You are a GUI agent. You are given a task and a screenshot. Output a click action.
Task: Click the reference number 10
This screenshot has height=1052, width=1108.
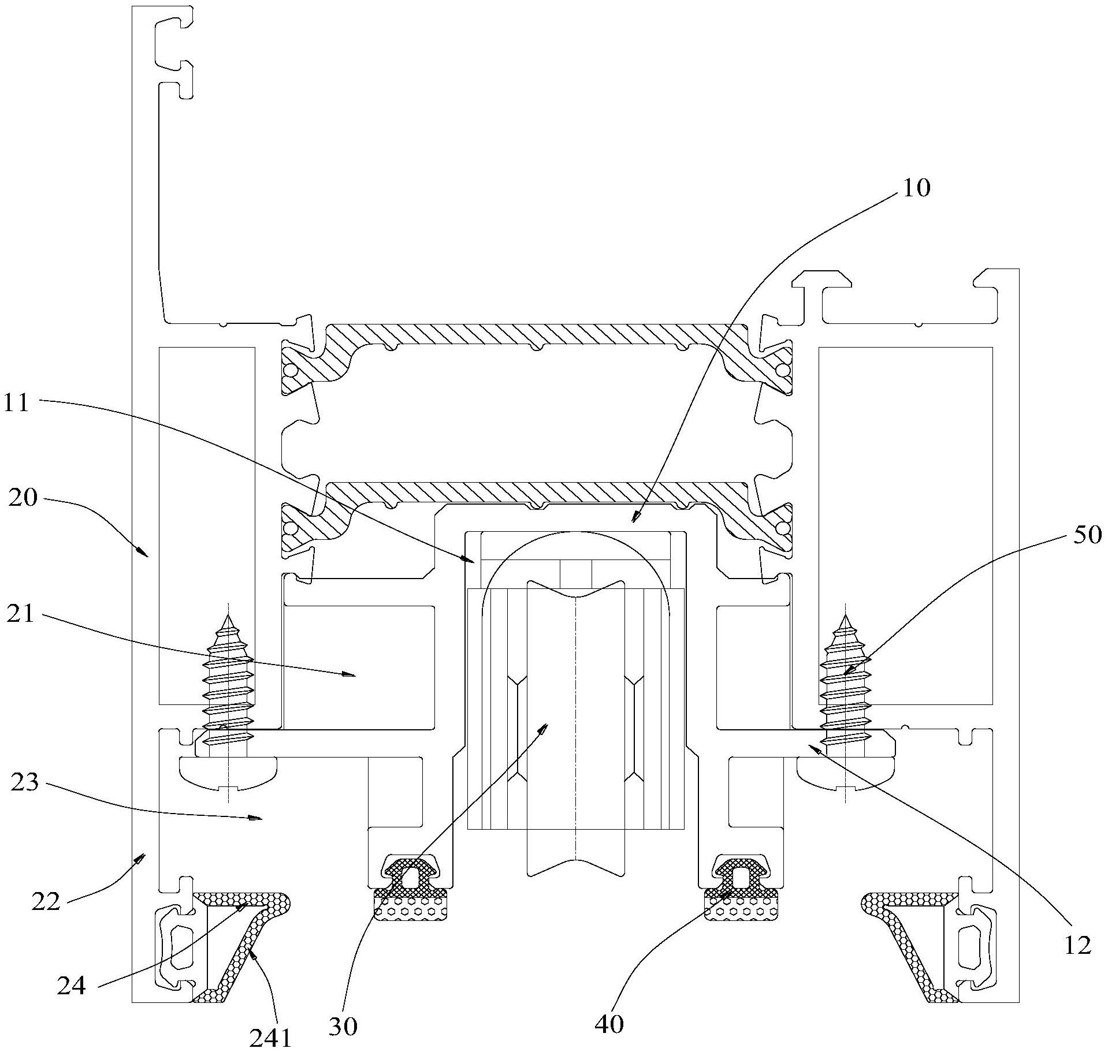pos(916,188)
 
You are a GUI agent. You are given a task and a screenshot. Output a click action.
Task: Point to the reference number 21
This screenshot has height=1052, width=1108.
pos(21,614)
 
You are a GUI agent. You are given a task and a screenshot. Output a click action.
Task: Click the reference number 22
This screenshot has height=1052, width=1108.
pos(46,901)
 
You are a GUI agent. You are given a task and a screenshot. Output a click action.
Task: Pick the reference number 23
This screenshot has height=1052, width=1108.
pos(24,784)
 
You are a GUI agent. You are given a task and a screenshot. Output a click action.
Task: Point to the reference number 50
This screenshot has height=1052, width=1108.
pos(1087,535)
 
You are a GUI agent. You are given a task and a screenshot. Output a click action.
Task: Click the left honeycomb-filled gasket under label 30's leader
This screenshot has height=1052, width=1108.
pos(411,911)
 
